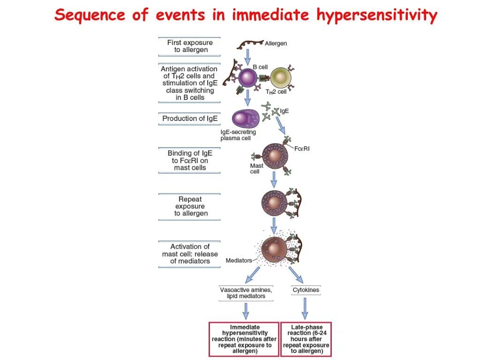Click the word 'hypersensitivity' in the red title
click(376, 15)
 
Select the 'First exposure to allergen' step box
click(190, 46)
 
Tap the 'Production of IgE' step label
click(190, 119)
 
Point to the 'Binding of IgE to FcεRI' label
click(190, 160)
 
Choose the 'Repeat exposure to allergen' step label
click(190, 206)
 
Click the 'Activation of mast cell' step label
click(190, 254)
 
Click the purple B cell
click(247, 78)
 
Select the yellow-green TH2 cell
click(281, 77)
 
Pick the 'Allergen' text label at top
click(276, 44)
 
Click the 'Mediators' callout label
click(239, 261)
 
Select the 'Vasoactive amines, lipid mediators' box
click(246, 293)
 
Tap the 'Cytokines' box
click(306, 290)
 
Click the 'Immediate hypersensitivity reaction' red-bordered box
click(244, 339)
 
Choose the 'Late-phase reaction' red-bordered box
click(306, 339)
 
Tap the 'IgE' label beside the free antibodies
click(284, 111)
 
